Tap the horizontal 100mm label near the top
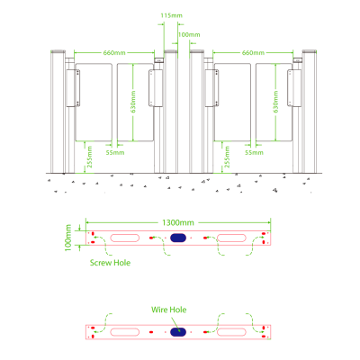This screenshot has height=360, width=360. pyautogui.click(x=190, y=34)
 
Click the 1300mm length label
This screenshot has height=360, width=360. pyautogui.click(x=177, y=220)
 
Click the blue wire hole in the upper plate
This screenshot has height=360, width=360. pyautogui.click(x=177, y=238)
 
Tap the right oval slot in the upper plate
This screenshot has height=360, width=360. pyautogui.click(x=230, y=238)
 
